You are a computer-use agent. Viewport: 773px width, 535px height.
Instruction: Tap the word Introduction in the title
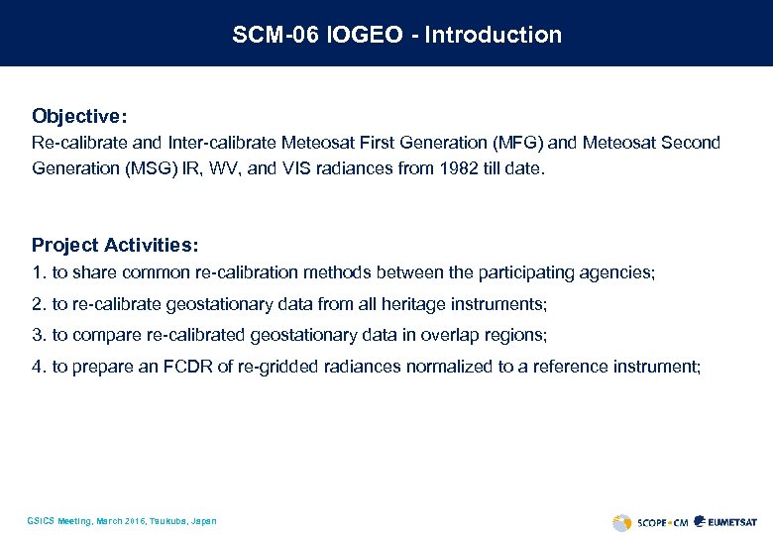[x=493, y=35]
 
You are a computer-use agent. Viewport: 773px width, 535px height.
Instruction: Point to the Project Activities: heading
[x=115, y=245]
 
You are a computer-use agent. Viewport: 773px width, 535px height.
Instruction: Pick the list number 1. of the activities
[x=39, y=271]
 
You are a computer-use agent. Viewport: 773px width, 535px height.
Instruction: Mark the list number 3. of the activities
[x=39, y=335]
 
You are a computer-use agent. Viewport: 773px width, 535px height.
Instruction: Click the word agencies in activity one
[x=620, y=271]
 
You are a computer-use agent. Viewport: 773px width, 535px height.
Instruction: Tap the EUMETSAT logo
[x=727, y=521]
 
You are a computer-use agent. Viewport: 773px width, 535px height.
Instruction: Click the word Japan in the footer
[x=203, y=521]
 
